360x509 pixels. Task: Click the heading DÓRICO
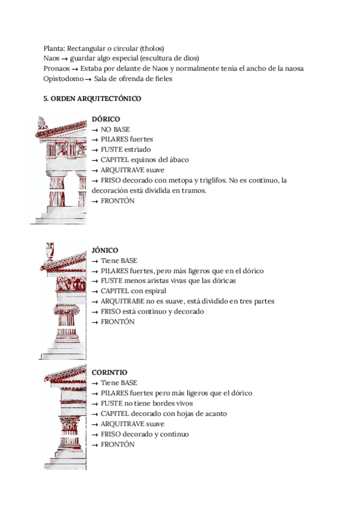[x=106, y=119]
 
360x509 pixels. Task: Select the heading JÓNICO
[x=105, y=250]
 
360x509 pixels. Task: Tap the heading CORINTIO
[x=109, y=372]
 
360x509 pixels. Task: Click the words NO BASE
[x=115, y=129]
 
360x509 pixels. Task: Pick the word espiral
[x=154, y=291]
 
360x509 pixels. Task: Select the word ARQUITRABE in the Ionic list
[x=121, y=301]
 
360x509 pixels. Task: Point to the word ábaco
[x=178, y=160]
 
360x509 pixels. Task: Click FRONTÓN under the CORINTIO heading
[x=118, y=444]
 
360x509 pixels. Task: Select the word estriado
[x=138, y=149]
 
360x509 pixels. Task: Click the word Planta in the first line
[x=54, y=48]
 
